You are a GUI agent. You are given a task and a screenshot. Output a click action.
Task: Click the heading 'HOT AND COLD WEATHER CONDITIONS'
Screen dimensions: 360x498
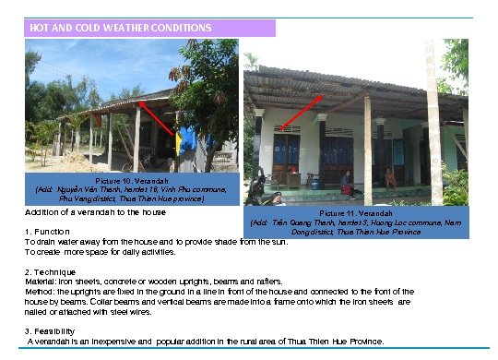[x=121, y=28]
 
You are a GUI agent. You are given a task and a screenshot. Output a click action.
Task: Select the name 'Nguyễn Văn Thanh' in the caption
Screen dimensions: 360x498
[x=96, y=188]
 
